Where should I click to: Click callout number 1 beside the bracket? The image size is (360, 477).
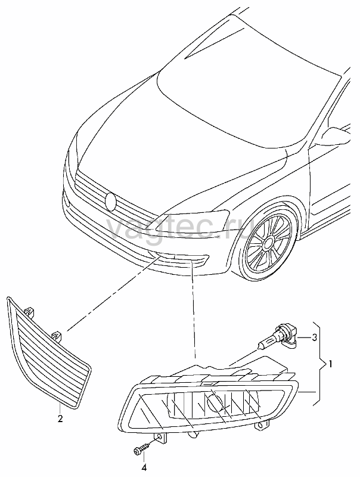tap(330, 363)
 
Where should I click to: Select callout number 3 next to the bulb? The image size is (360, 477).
tap(314, 337)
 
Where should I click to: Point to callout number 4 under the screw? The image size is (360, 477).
tap(144, 467)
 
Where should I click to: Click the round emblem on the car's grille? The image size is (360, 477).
tap(111, 202)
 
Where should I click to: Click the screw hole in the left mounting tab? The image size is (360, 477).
tap(160, 438)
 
